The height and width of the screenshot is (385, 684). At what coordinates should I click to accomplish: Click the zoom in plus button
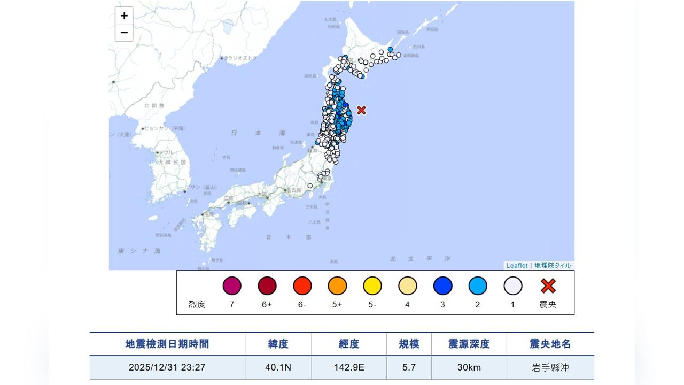click(x=124, y=16)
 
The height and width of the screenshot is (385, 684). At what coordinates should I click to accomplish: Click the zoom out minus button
click(x=124, y=33)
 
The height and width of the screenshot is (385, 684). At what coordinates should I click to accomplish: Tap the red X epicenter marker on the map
click(x=361, y=110)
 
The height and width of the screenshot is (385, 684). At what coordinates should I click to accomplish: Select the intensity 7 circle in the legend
click(x=232, y=286)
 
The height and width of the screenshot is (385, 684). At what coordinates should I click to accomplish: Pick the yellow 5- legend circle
click(x=372, y=286)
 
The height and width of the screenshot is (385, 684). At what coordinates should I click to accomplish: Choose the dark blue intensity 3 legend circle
click(x=442, y=286)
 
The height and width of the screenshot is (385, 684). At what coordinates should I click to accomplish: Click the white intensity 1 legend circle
click(x=512, y=286)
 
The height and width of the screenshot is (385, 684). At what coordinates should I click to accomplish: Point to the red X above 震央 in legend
click(x=548, y=286)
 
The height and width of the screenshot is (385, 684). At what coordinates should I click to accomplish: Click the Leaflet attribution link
click(x=517, y=266)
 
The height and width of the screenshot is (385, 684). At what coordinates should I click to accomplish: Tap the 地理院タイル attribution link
click(x=552, y=266)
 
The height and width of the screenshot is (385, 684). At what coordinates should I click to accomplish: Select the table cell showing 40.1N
click(x=278, y=368)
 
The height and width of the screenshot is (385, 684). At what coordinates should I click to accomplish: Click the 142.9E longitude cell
click(x=349, y=368)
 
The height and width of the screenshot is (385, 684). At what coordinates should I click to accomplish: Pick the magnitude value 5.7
click(x=409, y=368)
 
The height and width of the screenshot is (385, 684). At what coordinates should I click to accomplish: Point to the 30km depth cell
click(x=469, y=368)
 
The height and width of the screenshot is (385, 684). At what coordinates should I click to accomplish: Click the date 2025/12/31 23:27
click(x=167, y=368)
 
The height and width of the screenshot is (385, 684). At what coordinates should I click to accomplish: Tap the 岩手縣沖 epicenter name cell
click(x=550, y=368)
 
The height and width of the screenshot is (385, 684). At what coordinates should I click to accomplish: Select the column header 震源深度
click(x=469, y=344)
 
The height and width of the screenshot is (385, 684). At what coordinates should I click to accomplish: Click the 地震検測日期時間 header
click(x=167, y=344)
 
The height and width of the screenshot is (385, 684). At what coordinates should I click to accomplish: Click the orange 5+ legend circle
click(x=337, y=286)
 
